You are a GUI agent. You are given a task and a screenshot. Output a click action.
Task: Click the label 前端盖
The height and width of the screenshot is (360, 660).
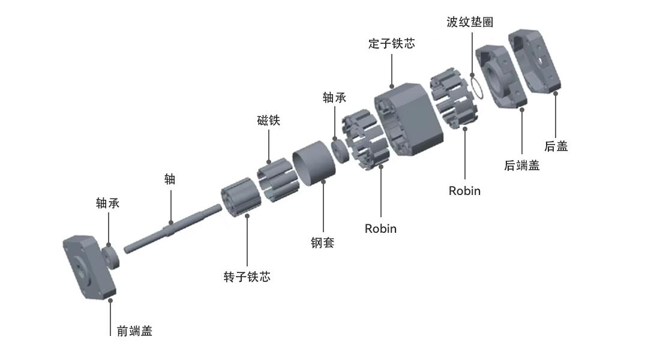click(134, 331)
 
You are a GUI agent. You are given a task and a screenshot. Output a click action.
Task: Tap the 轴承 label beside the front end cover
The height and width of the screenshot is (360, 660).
click(108, 203)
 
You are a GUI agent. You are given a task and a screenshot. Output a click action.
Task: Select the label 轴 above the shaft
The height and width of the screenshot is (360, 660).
click(170, 179)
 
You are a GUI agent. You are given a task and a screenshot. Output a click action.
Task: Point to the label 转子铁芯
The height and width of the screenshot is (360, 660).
click(247, 277)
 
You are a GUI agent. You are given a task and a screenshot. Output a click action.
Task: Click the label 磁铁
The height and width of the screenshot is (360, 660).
click(269, 121)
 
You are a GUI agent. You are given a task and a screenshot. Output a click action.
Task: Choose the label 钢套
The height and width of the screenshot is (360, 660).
click(322, 242)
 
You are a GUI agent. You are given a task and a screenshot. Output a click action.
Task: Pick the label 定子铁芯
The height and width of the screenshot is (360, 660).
click(391, 43)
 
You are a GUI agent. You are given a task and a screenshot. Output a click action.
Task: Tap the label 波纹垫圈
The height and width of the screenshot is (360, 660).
click(470, 22)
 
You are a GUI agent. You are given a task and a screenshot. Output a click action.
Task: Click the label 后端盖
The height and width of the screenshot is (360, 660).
click(522, 166)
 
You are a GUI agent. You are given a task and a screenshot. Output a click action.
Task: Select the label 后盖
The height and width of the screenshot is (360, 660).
click(556, 146)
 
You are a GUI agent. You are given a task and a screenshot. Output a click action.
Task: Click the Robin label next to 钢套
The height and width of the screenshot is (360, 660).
click(380, 229)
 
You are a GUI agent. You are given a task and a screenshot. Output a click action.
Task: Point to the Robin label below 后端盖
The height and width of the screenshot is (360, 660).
click(464, 191)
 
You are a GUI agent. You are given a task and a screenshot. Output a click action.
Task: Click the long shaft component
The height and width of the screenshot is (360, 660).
click(173, 229)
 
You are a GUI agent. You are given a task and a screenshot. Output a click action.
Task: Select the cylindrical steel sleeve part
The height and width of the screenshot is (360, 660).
click(314, 163)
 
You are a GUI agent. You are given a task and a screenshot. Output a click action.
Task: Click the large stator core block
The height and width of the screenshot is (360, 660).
click(409, 119)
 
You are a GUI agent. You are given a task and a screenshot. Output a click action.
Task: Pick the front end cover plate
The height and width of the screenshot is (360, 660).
click(89, 268)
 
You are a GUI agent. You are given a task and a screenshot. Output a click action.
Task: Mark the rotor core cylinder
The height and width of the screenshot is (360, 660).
click(241, 197)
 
